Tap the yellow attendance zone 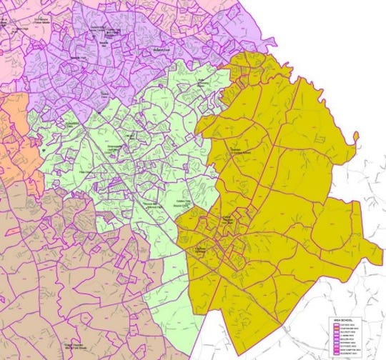(x=286, y=179)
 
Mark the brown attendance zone (x=71, y=271)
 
